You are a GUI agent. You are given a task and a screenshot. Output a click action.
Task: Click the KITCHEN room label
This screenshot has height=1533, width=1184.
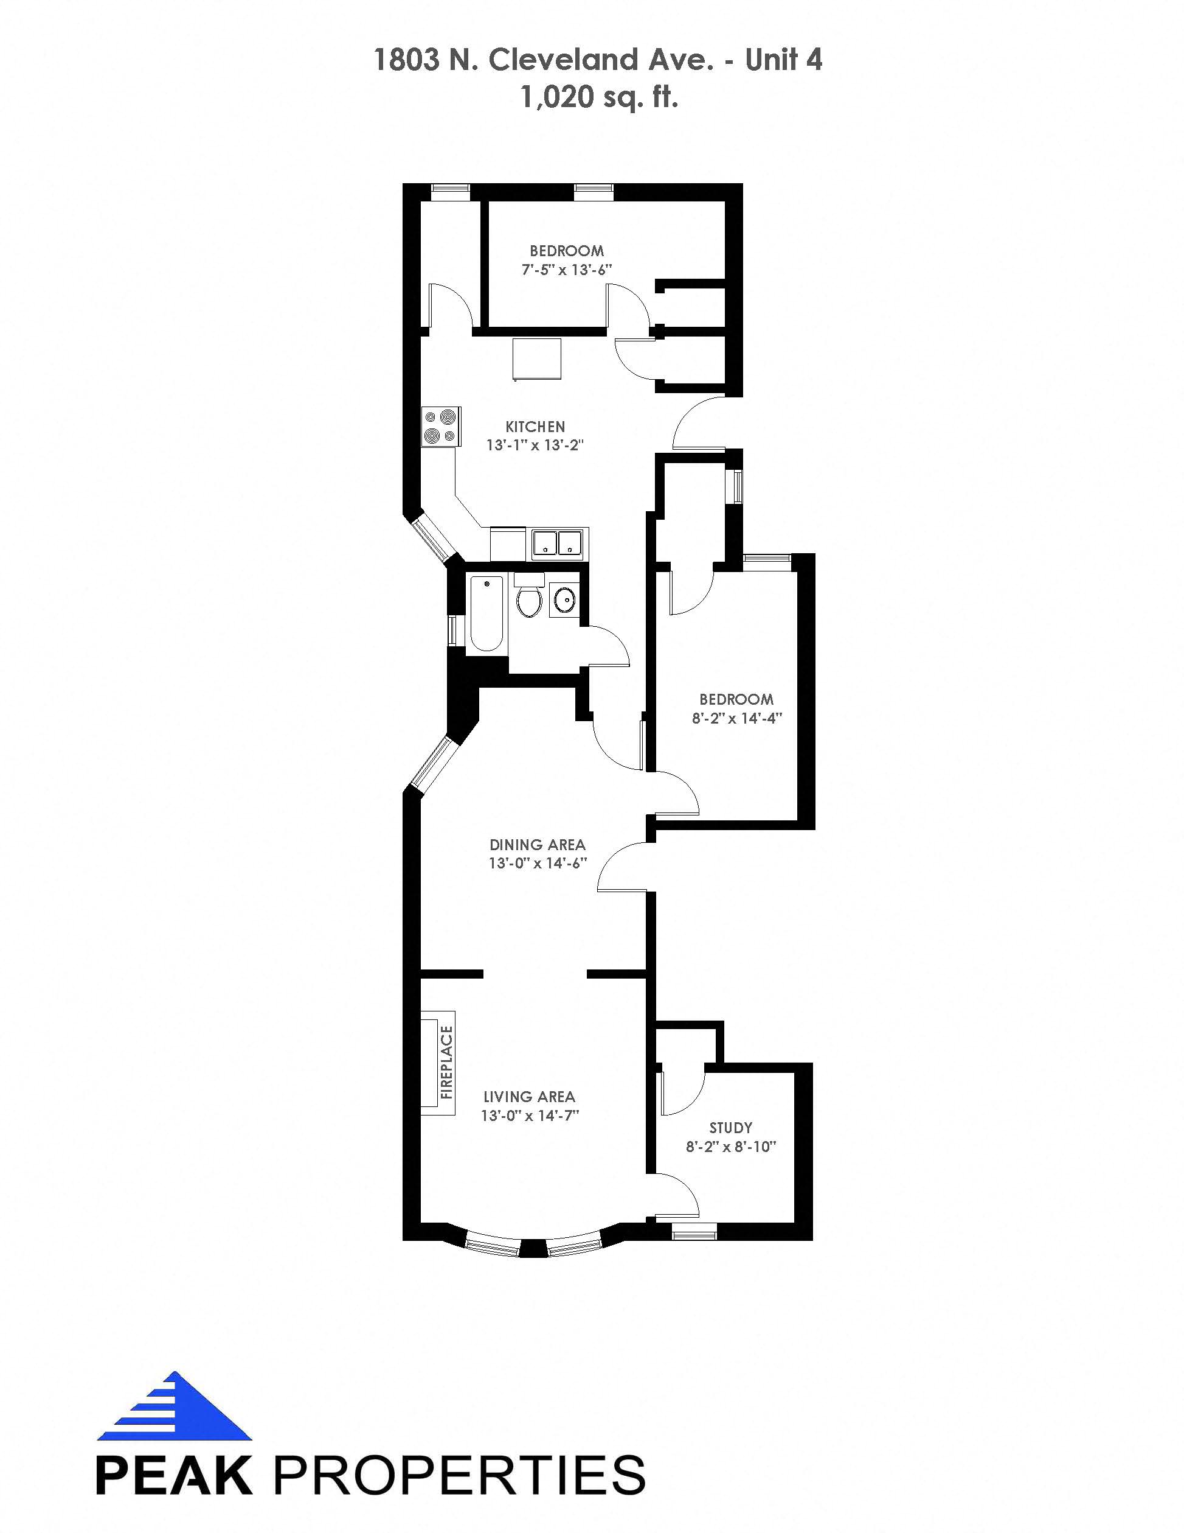(535, 427)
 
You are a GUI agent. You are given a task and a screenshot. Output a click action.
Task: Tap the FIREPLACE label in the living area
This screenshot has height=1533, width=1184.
(446, 1062)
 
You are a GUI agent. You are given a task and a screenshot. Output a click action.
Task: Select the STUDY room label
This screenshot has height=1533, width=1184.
(731, 1128)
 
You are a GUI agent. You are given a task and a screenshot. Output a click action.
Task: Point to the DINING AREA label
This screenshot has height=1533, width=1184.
(538, 845)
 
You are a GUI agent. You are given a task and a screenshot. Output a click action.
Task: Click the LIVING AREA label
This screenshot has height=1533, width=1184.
(530, 1097)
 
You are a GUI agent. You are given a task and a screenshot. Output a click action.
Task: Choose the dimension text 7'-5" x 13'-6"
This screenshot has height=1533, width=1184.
(567, 270)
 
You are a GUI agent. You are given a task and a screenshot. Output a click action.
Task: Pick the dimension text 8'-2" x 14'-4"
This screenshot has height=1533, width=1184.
(736, 718)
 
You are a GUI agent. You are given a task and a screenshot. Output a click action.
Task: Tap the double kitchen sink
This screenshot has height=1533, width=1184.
(557, 543)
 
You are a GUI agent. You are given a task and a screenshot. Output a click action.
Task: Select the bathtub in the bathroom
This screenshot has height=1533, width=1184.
(486, 613)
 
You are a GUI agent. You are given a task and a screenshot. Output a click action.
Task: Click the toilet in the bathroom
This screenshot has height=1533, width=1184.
(529, 596)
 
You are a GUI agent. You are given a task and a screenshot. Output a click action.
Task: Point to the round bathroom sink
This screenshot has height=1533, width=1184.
(564, 600)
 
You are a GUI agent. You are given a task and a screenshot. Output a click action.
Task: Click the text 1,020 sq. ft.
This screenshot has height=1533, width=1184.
(599, 97)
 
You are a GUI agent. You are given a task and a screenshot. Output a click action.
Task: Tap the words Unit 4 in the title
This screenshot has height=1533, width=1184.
(783, 60)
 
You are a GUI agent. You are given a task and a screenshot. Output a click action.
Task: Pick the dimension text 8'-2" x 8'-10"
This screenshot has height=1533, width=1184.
(731, 1147)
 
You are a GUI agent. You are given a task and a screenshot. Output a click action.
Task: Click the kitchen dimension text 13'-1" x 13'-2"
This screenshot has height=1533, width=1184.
(535, 445)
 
